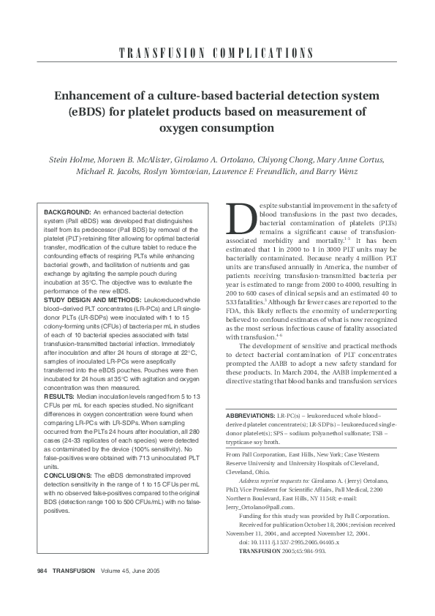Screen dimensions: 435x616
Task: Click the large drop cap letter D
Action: coord(240,217)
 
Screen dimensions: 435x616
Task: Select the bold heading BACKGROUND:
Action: coord(67,211)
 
